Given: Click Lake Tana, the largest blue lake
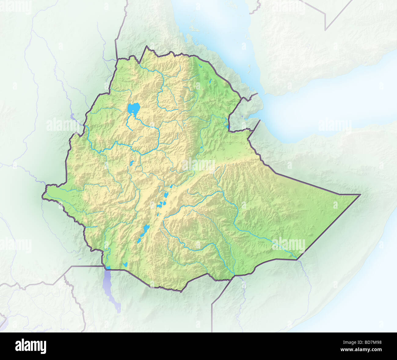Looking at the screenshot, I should [134, 108].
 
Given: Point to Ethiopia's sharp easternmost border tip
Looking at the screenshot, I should [360, 194].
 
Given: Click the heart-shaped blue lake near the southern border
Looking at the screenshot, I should [125, 264].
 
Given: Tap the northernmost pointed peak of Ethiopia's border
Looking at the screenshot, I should [147, 46].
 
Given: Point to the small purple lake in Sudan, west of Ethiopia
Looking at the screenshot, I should [72, 116].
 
